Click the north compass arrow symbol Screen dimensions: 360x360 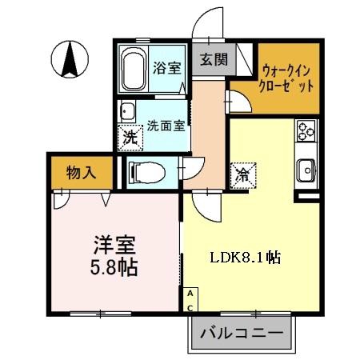(70, 58)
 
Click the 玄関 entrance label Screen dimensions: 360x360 (213, 58)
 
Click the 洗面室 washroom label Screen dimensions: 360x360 (166, 125)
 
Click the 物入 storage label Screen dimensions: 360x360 (81, 171)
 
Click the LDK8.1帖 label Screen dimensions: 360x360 (245, 258)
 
